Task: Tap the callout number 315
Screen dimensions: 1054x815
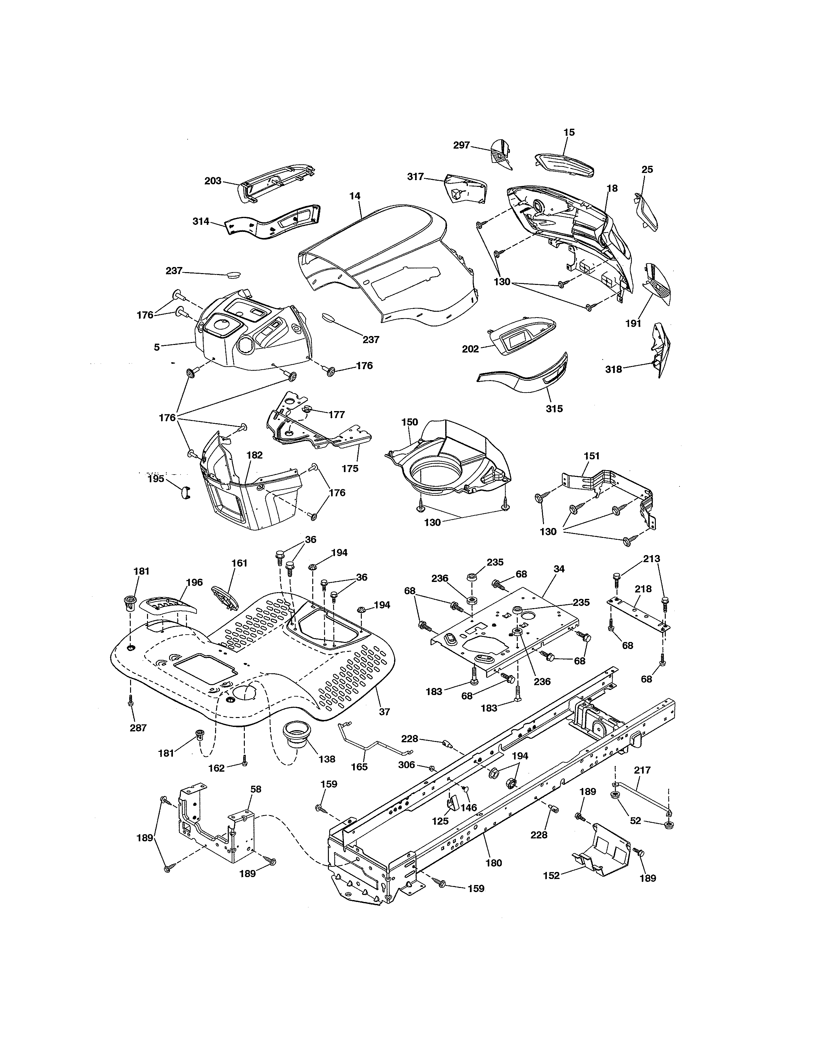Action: click(x=554, y=409)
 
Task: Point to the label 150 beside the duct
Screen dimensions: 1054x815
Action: click(x=409, y=422)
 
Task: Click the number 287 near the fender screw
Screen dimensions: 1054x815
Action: click(x=138, y=728)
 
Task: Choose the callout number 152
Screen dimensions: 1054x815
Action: click(x=551, y=875)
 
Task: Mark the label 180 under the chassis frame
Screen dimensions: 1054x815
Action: click(x=494, y=863)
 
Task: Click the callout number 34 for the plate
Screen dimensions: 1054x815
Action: click(x=559, y=569)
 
